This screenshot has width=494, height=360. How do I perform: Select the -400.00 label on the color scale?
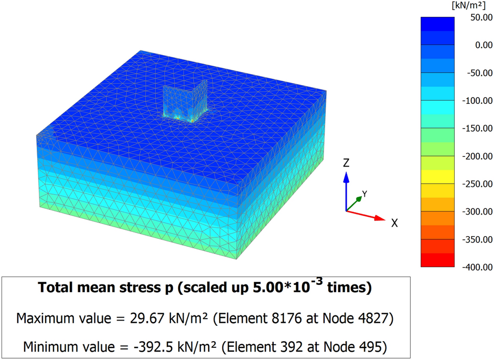(x=475, y=267)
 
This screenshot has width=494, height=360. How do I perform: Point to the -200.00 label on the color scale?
(x=475, y=156)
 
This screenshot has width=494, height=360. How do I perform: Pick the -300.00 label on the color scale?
(x=475, y=211)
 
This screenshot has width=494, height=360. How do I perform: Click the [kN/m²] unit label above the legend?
(x=470, y=5)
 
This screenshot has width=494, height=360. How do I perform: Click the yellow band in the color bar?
(x=438, y=176)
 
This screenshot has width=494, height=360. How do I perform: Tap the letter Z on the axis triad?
(x=346, y=163)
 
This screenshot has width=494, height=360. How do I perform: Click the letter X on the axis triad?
(x=394, y=223)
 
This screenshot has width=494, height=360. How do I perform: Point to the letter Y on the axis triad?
(x=364, y=194)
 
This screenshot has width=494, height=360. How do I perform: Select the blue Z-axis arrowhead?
(x=346, y=177)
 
